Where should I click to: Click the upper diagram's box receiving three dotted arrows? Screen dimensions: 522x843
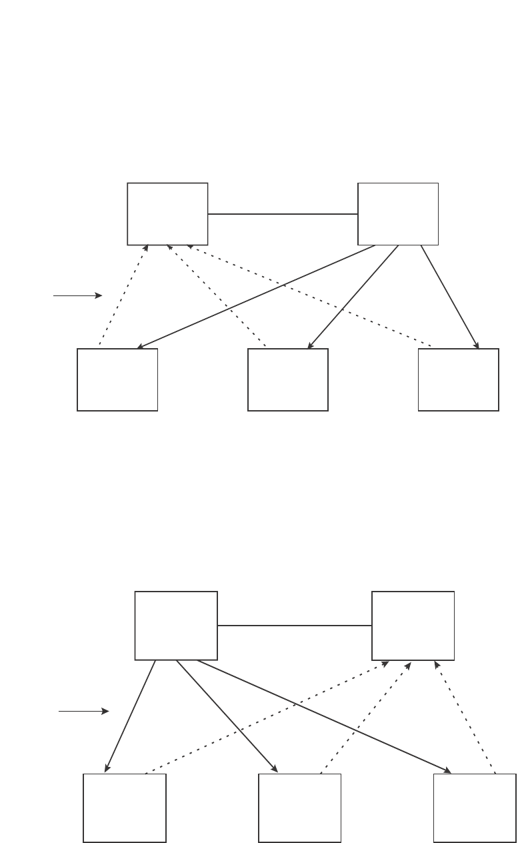(167, 213)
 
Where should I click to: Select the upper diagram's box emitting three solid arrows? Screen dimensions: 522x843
(398, 213)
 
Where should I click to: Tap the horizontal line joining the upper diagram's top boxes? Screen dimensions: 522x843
(283, 214)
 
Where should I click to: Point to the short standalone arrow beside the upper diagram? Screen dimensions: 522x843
(77, 295)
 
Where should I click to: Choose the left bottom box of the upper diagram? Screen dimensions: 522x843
(117, 379)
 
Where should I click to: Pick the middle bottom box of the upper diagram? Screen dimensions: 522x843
(288, 379)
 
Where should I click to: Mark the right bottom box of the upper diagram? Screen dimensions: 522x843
(458, 379)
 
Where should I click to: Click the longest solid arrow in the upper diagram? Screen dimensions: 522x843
(256, 297)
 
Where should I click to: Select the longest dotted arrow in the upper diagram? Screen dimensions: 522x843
(310, 296)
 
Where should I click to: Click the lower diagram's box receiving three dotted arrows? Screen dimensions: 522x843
(413, 626)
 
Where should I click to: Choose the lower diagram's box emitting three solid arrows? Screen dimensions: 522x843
(176, 626)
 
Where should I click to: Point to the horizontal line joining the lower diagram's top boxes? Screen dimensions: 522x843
(295, 626)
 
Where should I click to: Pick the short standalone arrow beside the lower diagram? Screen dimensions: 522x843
(83, 712)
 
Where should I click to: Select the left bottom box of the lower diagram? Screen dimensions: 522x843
(125, 808)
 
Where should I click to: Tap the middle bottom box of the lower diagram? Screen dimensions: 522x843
(300, 808)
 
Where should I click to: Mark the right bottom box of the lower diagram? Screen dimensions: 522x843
(475, 808)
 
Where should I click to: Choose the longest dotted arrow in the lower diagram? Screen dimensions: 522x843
(267, 718)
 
